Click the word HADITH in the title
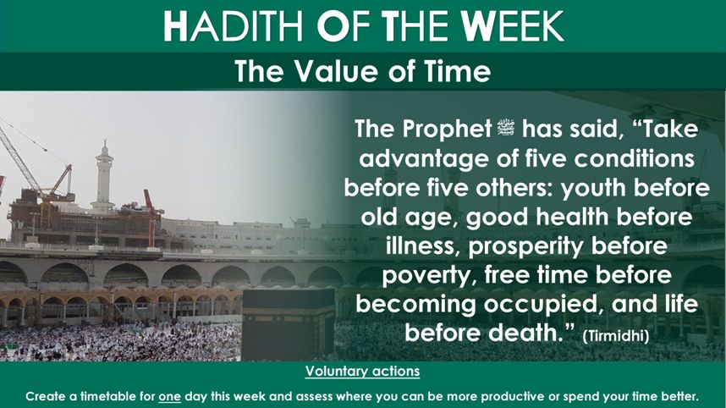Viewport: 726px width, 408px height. [x=234, y=26]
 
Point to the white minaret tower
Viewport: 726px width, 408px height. [x=103, y=176]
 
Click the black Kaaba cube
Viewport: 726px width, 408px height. [x=288, y=325]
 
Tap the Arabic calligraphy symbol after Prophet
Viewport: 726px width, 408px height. [x=507, y=129]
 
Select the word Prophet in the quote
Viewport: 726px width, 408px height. [x=447, y=130]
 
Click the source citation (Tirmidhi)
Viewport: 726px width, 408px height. [x=615, y=335]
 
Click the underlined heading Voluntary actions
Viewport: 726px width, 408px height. [x=362, y=372]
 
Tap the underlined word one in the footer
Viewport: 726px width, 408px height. [x=169, y=397]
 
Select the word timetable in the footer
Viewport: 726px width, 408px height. [x=107, y=396]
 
